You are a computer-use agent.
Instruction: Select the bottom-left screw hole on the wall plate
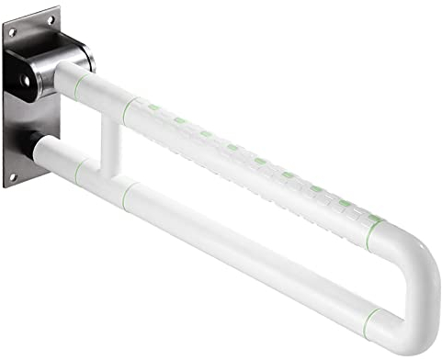point(12,174)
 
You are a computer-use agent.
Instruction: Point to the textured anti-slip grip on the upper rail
point(248,165)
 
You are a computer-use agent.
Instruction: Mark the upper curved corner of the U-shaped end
point(411,253)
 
